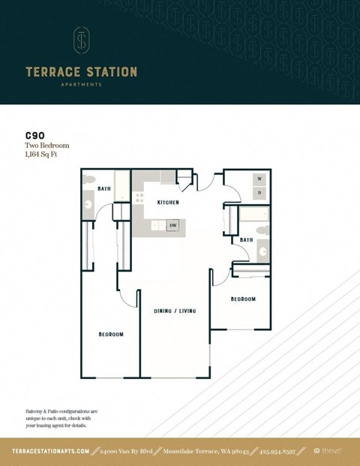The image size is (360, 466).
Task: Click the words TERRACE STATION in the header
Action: pyautogui.click(x=81, y=72)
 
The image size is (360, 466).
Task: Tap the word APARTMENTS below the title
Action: pyautogui.click(x=81, y=85)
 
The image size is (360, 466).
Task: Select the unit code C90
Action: pyautogui.click(x=34, y=137)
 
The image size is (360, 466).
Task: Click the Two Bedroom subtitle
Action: pyautogui.click(x=46, y=146)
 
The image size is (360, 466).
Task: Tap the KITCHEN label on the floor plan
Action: pyautogui.click(x=168, y=203)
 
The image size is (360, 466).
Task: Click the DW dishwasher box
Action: pyautogui.click(x=172, y=225)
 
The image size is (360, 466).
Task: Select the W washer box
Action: pyautogui.click(x=259, y=179)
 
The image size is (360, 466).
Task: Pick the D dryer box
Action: pyautogui.click(x=259, y=192)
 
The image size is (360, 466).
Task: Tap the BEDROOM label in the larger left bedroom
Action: pyautogui.click(x=111, y=334)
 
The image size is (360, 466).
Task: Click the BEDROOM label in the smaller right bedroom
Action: pyautogui.click(x=242, y=299)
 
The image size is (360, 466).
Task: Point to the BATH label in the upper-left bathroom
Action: pyautogui.click(x=103, y=188)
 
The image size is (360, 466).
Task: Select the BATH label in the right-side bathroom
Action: pyautogui.click(x=246, y=239)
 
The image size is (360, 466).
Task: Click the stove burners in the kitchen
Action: pyautogui.click(x=139, y=197)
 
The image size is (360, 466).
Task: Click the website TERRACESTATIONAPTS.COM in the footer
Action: pyautogui.click(x=51, y=451)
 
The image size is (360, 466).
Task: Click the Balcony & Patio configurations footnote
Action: pyautogui.click(x=61, y=418)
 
